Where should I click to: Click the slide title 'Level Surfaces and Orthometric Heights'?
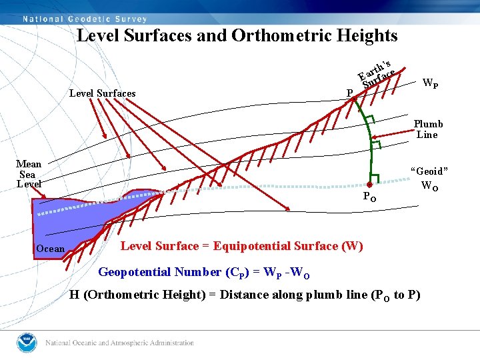click(x=237, y=35)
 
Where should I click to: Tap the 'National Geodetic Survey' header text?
click(x=85, y=19)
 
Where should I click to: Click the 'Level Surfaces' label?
click(x=102, y=93)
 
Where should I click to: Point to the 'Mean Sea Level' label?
click(x=29, y=173)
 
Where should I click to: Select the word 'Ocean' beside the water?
click(x=51, y=249)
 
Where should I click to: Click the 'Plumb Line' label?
click(x=427, y=129)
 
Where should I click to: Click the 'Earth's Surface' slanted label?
click(x=377, y=73)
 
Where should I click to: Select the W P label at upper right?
click(x=431, y=84)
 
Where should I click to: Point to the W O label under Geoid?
click(x=430, y=187)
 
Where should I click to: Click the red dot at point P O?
click(x=369, y=185)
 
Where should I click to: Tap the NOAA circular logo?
click(x=27, y=343)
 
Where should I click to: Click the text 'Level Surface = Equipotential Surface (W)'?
click(x=241, y=246)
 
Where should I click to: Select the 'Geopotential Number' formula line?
click(x=203, y=272)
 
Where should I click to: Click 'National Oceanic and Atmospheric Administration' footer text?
click(x=119, y=343)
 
